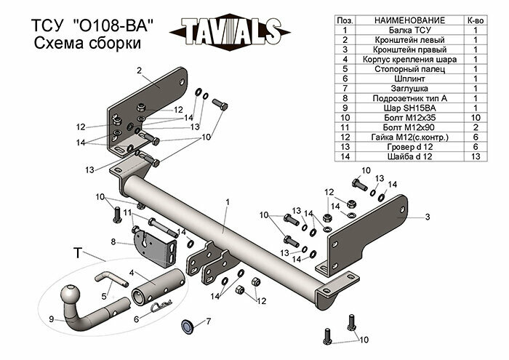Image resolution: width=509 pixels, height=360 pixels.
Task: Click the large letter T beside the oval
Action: click(77, 253)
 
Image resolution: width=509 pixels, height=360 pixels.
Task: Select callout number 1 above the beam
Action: click(227, 201)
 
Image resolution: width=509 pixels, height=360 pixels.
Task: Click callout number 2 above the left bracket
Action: click(137, 71)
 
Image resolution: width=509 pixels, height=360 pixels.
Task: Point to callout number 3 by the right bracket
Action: click(428, 217)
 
